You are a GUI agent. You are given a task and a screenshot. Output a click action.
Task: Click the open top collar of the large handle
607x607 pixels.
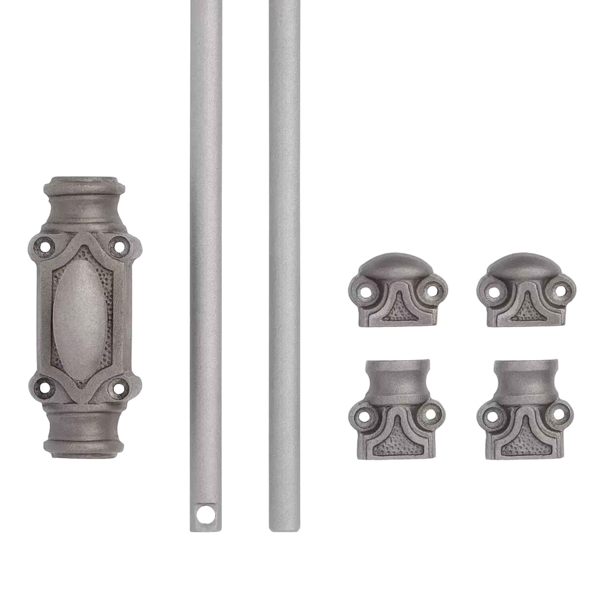(84, 182)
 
